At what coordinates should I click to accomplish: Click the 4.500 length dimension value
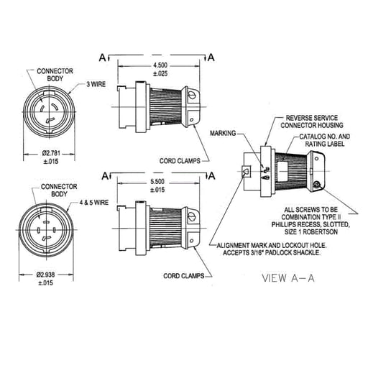(160, 65)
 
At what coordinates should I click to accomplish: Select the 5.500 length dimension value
(157, 181)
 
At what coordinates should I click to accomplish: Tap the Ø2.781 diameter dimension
(51, 153)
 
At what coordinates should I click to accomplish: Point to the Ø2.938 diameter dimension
(45, 275)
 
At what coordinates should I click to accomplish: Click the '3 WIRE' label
(96, 84)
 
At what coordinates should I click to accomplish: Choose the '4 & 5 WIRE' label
(94, 203)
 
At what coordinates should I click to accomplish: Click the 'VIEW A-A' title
(288, 278)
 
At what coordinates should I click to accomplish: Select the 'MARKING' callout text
(223, 133)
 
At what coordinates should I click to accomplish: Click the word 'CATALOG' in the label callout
(312, 137)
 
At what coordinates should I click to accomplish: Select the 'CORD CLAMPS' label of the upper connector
(180, 161)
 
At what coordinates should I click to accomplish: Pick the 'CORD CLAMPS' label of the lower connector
(184, 276)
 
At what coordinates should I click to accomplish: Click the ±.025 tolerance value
(160, 73)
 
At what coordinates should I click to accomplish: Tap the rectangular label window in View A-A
(282, 171)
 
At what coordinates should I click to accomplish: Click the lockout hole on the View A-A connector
(246, 172)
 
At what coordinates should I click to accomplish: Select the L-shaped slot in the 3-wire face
(50, 120)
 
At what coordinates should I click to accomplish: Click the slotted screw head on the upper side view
(191, 94)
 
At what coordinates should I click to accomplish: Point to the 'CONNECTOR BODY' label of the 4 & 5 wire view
(59, 190)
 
